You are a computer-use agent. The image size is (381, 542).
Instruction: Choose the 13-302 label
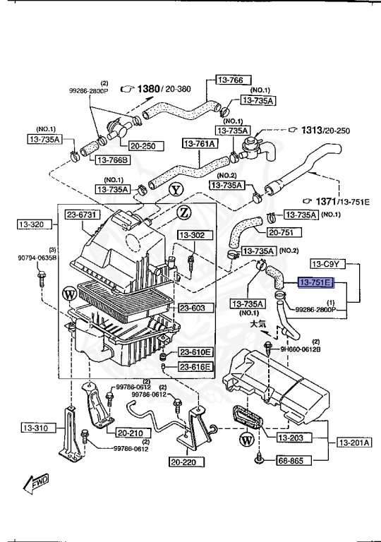(191, 235)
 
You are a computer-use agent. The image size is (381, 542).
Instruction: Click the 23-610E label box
(195, 352)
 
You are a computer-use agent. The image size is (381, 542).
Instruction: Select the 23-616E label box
(195, 367)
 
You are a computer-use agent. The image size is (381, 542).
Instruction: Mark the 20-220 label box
(186, 463)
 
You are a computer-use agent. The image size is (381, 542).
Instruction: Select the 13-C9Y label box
(327, 265)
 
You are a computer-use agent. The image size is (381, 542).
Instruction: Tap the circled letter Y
(175, 188)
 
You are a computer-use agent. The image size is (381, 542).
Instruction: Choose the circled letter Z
(183, 213)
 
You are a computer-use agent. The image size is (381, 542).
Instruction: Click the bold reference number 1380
(149, 88)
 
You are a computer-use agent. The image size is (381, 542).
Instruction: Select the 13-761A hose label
(201, 144)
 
